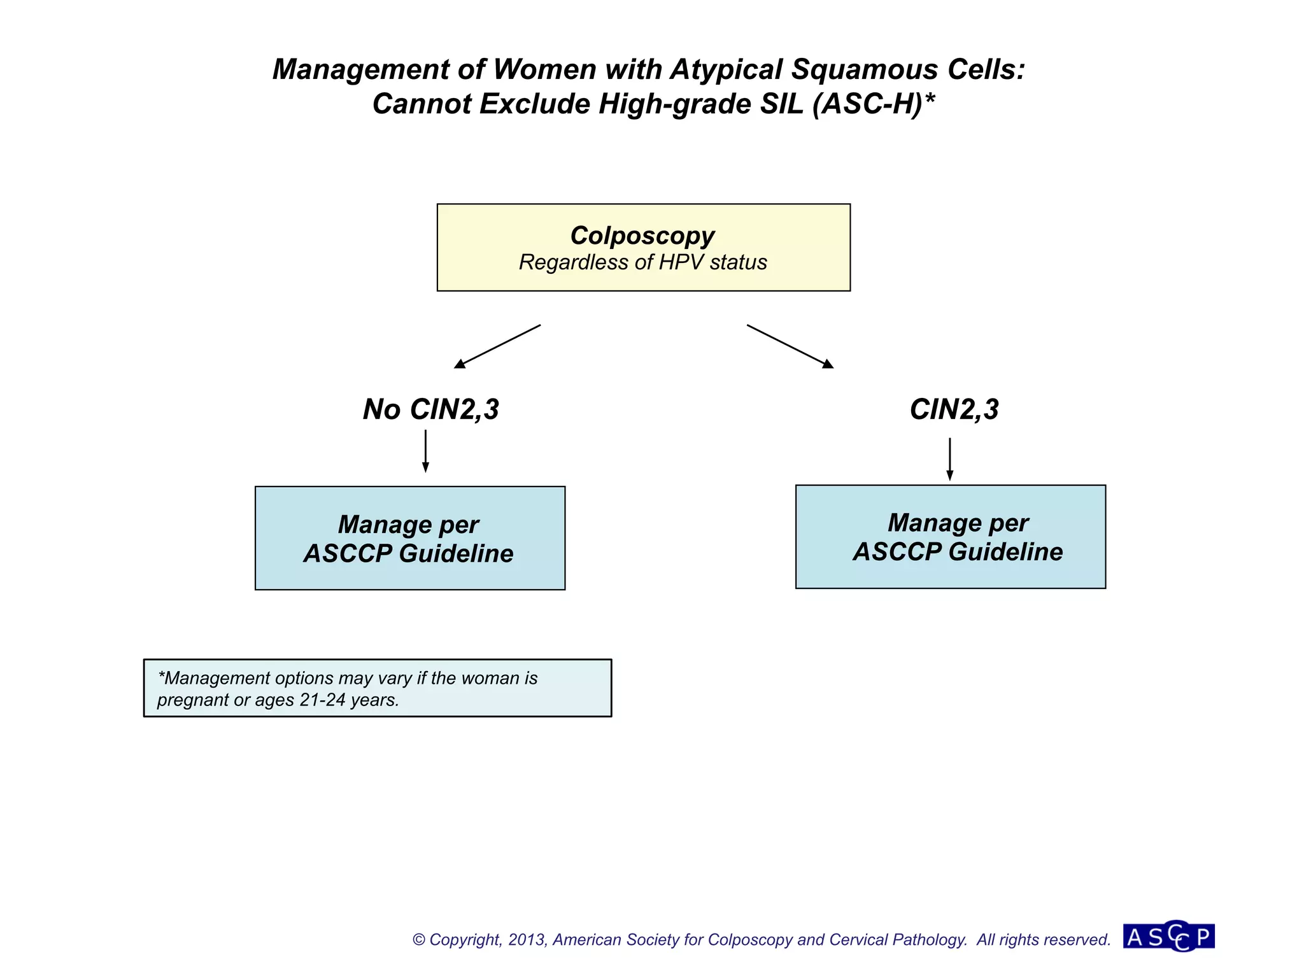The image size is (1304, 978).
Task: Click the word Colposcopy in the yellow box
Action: [642, 236]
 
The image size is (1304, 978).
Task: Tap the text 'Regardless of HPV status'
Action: [642, 262]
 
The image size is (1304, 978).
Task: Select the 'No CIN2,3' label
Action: [431, 409]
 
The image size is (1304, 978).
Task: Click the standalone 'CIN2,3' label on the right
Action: [954, 409]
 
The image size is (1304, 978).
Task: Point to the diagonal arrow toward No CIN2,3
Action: [497, 346]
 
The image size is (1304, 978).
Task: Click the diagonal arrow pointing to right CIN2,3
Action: [790, 346]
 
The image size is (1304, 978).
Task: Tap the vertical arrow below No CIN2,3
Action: [425, 451]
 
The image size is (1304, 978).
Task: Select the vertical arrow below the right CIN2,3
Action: [949, 458]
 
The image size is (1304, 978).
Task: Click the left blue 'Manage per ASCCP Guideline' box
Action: [409, 538]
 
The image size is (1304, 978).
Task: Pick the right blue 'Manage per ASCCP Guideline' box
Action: [950, 537]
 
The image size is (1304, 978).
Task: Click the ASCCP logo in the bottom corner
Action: [1168, 937]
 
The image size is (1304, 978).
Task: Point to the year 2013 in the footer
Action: [527, 940]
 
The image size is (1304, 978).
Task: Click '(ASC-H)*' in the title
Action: [874, 104]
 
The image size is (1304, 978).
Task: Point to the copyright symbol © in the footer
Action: [418, 940]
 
